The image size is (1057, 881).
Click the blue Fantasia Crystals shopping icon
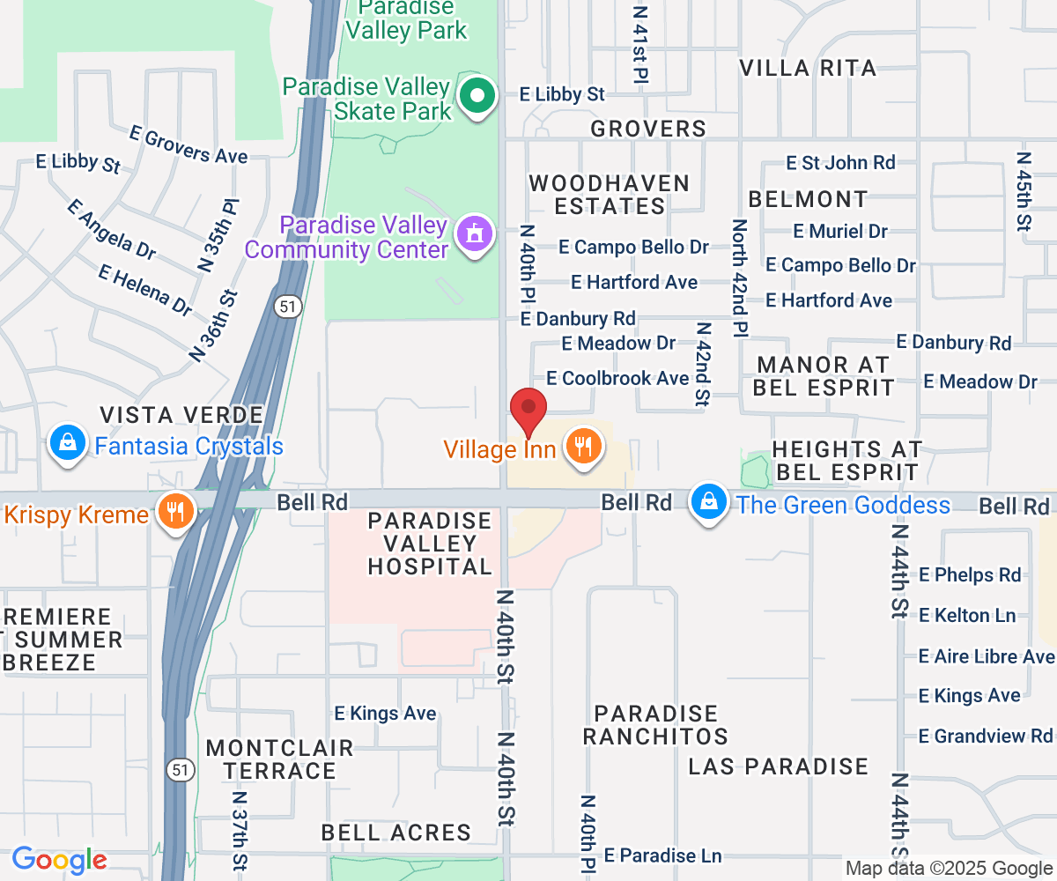click(68, 443)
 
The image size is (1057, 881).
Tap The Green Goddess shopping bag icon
click(708, 503)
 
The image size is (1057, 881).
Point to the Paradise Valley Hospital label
click(429, 544)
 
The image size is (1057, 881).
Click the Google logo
click(59, 860)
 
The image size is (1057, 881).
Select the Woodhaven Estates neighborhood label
click(609, 195)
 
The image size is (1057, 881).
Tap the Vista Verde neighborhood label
click(181, 415)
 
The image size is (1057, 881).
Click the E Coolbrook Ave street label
click(617, 378)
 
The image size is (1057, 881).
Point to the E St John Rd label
click(840, 162)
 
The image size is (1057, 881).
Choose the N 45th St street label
click(1024, 192)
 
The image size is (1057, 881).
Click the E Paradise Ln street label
click(663, 855)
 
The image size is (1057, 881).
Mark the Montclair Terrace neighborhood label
click(279, 759)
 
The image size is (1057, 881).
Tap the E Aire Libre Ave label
click(986, 656)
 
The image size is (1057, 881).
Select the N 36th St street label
click(214, 326)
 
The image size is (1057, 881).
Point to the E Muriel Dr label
click(840, 231)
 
